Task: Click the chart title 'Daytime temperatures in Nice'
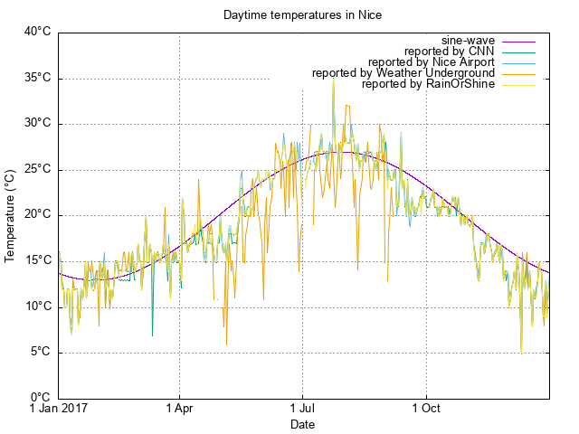pyautogui.click(x=303, y=15)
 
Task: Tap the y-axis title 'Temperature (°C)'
pyautogui.click(x=10, y=215)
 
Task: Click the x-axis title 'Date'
pyautogui.click(x=303, y=424)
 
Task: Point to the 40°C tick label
pyautogui.click(x=37, y=33)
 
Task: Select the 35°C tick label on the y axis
pyautogui.click(x=37, y=79)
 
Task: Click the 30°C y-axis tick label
pyautogui.click(x=37, y=124)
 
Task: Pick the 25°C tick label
pyautogui.click(x=37, y=170)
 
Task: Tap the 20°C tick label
pyautogui.click(x=37, y=215)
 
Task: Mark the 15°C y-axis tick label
pyautogui.click(x=37, y=261)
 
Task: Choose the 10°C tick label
pyautogui.click(x=37, y=307)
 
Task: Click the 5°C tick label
pyautogui.click(x=40, y=353)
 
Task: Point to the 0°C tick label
pyautogui.click(x=40, y=398)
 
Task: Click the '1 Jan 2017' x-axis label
pyautogui.click(x=59, y=410)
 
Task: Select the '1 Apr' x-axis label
pyautogui.click(x=180, y=410)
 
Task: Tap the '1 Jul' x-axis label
pyautogui.click(x=302, y=410)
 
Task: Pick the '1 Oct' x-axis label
pyautogui.click(x=425, y=410)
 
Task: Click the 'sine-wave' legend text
pyautogui.click(x=468, y=41)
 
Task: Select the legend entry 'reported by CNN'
pyautogui.click(x=449, y=52)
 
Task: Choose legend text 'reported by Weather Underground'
pyautogui.click(x=403, y=73)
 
